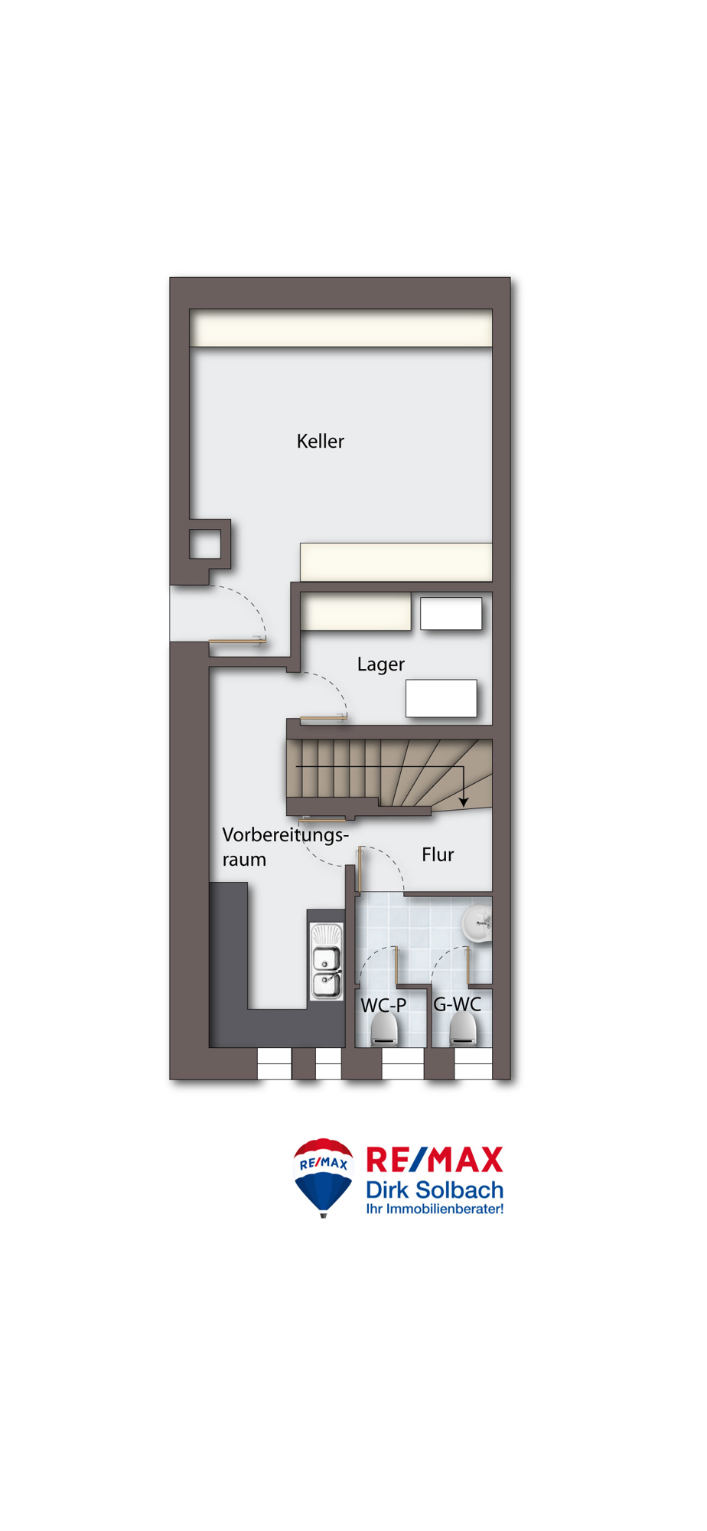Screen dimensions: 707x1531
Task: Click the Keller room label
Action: (x=320, y=441)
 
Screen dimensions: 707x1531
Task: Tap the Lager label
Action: (x=380, y=664)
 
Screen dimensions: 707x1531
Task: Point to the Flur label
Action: (x=438, y=854)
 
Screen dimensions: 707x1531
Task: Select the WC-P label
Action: (x=383, y=1005)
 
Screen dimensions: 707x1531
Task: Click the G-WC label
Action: (x=457, y=1004)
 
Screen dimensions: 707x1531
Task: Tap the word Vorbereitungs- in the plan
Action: (x=285, y=834)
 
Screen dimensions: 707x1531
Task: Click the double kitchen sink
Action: (x=326, y=961)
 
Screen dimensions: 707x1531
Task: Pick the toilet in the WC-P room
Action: (x=384, y=1030)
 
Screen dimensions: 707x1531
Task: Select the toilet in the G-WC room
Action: (x=463, y=1030)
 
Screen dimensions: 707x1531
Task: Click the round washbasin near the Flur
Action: (x=477, y=922)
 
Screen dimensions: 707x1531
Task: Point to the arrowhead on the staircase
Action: (x=464, y=801)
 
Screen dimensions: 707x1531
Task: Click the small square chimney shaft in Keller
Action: (x=205, y=545)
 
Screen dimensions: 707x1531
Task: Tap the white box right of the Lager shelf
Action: (x=451, y=613)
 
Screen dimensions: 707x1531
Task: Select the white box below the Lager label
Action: (x=441, y=698)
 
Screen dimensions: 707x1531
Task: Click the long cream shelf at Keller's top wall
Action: (x=340, y=328)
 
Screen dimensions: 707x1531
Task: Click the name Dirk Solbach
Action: (x=435, y=1190)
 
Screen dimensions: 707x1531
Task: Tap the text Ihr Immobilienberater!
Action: (x=435, y=1209)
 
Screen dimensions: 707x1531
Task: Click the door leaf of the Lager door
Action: (x=324, y=717)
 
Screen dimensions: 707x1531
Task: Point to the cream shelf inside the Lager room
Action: (x=356, y=612)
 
